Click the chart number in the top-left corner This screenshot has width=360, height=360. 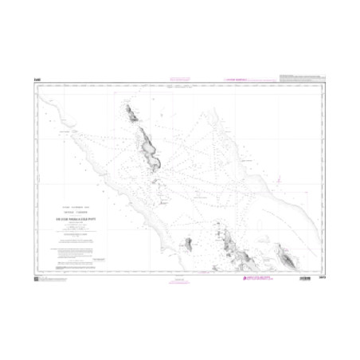tap(37, 79)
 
